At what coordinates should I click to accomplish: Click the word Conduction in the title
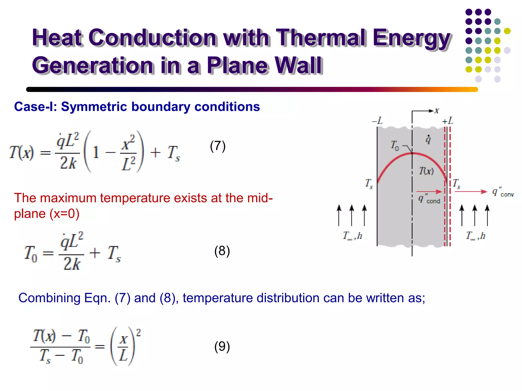(152, 38)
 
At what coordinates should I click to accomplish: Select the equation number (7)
(218, 146)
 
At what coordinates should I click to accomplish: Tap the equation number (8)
(222, 251)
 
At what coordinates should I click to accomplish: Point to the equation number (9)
(222, 346)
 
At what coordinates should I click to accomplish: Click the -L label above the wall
(377, 121)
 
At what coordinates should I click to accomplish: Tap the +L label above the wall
(448, 121)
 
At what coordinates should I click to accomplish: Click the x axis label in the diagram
(437, 111)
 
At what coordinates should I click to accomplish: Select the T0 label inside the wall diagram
(395, 146)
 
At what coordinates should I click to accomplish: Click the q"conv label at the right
(503, 192)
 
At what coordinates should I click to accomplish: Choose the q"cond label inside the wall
(429, 199)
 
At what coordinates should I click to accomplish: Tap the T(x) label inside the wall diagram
(426, 171)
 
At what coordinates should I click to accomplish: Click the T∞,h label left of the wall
(352, 236)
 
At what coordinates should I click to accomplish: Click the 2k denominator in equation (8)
(72, 263)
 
